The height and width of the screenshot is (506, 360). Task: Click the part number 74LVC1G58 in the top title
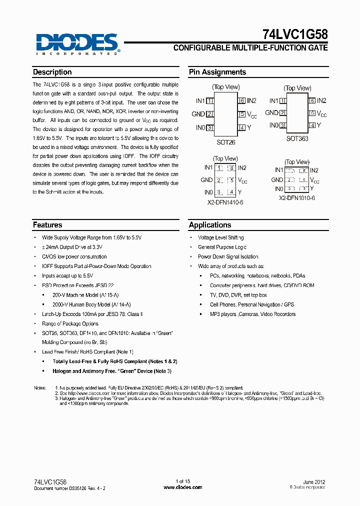point(295,34)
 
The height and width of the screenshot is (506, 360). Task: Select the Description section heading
point(52,72)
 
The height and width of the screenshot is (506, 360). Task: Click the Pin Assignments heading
point(217,72)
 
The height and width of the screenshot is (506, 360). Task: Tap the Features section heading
point(47,225)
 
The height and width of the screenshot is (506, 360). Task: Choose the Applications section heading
point(210,225)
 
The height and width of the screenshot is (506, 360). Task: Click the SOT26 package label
point(225,142)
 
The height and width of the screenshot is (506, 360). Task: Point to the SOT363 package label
point(297,138)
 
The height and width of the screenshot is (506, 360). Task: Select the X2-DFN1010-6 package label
point(296,198)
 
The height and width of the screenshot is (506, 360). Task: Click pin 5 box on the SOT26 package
point(241,114)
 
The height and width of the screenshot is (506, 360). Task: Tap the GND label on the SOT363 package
point(271,113)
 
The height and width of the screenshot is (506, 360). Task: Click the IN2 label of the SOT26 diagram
point(251,101)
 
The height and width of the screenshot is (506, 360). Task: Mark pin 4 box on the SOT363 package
point(312,125)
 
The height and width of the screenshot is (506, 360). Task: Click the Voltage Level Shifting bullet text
point(220,237)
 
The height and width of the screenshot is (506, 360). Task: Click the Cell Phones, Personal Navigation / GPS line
point(252,304)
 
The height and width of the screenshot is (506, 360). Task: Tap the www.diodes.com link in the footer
point(183,487)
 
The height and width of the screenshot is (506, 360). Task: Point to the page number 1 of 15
point(183,481)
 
